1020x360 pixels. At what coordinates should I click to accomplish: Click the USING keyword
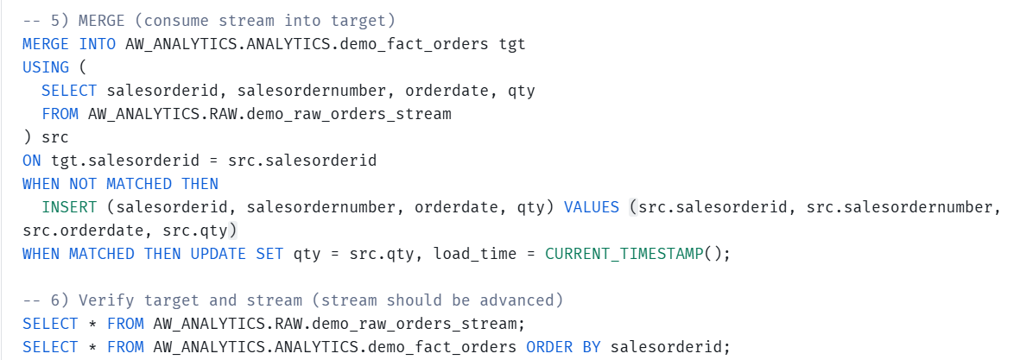click(x=46, y=67)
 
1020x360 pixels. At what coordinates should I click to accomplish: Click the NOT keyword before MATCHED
click(x=83, y=184)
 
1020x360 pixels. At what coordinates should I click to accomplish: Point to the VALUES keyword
click(x=592, y=207)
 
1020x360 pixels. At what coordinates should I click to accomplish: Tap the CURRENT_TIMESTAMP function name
click(x=624, y=254)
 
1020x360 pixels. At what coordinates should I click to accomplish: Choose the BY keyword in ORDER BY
click(x=592, y=346)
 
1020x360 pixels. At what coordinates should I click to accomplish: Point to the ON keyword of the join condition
click(x=32, y=161)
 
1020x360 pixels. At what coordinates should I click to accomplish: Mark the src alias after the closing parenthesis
click(x=55, y=138)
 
